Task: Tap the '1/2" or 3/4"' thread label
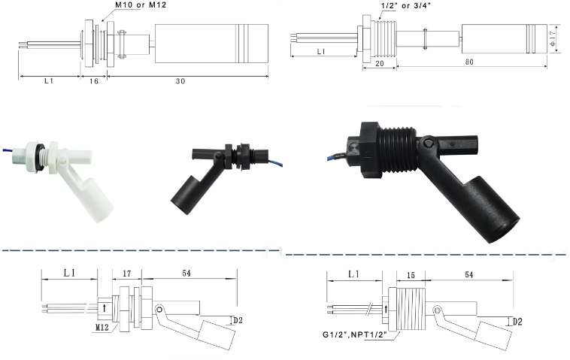(x=403, y=7)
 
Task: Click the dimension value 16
(x=94, y=82)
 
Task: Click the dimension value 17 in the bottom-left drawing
(x=126, y=275)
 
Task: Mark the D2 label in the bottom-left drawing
(x=238, y=321)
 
